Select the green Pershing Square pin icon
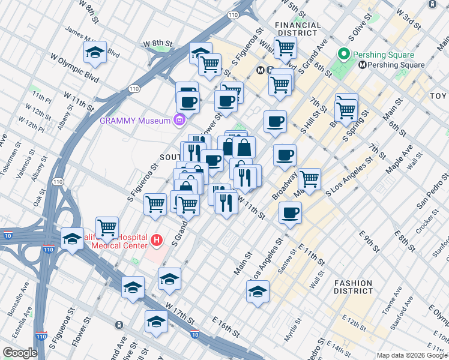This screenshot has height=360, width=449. coord(344,55)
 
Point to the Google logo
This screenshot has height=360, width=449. coord(20,353)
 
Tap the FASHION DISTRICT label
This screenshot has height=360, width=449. coord(354,287)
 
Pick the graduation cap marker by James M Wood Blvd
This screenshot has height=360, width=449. coord(95,53)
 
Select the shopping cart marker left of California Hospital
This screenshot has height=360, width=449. coord(107,227)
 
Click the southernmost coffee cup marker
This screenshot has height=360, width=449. coord(290,212)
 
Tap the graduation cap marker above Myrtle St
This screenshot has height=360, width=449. coord(258,291)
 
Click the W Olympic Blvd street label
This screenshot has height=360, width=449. coord(75,67)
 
